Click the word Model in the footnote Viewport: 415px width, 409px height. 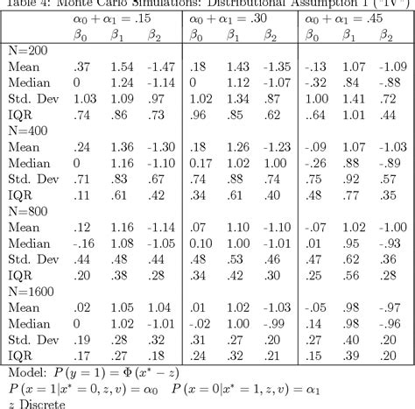pyautogui.click(x=25, y=369)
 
